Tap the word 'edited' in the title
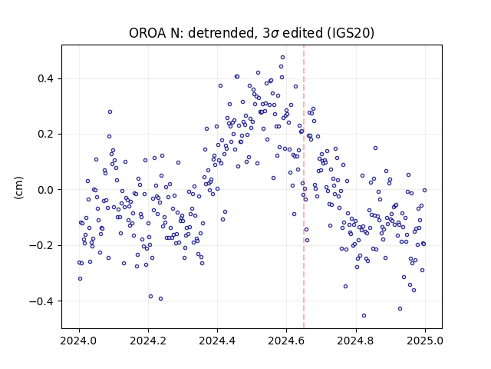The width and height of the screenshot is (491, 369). click(x=302, y=33)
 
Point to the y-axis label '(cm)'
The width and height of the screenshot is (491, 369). click(x=18, y=188)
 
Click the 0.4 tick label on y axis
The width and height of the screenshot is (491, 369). click(x=46, y=78)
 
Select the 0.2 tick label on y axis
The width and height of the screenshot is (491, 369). click(x=46, y=134)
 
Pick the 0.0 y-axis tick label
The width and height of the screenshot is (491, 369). click(x=46, y=190)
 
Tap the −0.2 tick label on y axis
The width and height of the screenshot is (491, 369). click(x=41, y=245)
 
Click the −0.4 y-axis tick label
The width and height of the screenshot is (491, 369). click(x=41, y=301)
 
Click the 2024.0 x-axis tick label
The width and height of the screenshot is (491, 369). click(x=79, y=341)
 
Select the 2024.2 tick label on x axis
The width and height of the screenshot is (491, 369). click(x=148, y=341)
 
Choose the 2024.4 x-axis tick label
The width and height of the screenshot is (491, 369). click(x=217, y=341)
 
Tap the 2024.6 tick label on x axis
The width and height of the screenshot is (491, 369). click(x=286, y=341)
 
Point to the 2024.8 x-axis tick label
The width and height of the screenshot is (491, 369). click(x=356, y=341)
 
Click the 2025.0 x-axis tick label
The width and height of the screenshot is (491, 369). click(x=425, y=341)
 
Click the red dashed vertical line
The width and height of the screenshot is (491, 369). click(x=304, y=187)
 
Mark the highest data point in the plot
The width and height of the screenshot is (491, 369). click(x=282, y=58)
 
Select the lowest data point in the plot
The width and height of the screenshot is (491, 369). click(x=364, y=316)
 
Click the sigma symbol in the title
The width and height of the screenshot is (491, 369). click(x=275, y=34)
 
